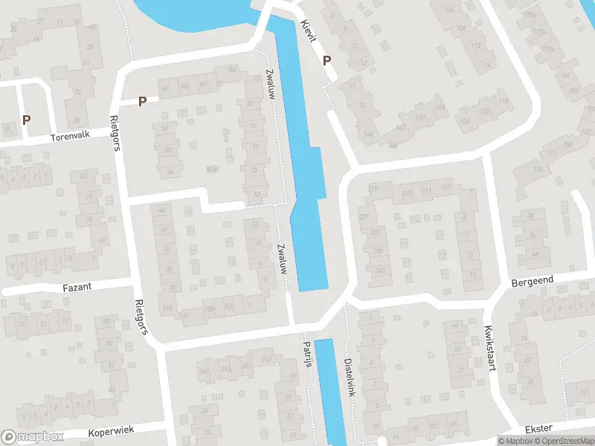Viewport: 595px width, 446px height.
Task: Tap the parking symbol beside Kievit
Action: (x=327, y=62)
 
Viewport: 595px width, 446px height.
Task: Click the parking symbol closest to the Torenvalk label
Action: (x=27, y=119)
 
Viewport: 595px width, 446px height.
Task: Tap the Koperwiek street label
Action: (x=110, y=432)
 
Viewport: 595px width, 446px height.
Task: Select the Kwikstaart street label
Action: (x=489, y=348)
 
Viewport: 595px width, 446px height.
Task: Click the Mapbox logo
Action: (x=33, y=437)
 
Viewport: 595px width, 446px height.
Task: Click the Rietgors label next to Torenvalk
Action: (x=115, y=132)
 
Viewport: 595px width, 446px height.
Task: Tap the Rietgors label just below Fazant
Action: (x=139, y=317)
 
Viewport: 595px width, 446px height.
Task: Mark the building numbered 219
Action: (x=373, y=189)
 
